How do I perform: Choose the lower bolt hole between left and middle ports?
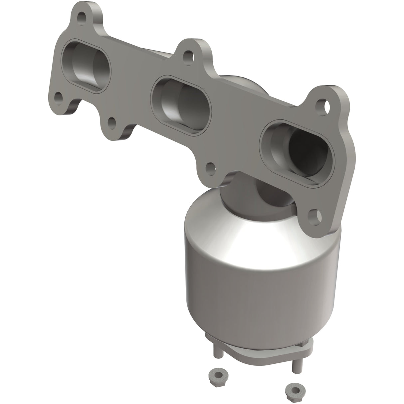111,123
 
